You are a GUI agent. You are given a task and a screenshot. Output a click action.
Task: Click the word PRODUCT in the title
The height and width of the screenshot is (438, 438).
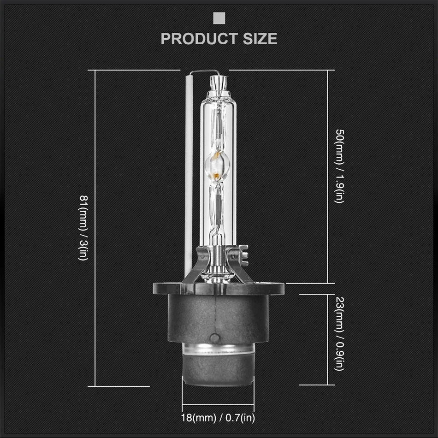click(199, 39)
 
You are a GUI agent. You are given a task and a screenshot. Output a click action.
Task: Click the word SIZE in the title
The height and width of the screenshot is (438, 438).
click(260, 39)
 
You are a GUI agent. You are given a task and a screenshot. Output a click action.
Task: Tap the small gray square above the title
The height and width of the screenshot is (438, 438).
click(219, 18)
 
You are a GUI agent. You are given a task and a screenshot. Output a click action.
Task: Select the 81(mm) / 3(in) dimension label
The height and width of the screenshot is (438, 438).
click(83, 228)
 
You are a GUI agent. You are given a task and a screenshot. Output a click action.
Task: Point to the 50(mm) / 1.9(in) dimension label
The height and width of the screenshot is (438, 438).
click(340, 166)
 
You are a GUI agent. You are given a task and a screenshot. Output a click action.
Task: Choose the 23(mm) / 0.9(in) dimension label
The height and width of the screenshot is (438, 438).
click(340, 334)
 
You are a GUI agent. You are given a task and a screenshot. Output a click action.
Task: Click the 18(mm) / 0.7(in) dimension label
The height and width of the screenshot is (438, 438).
click(218, 418)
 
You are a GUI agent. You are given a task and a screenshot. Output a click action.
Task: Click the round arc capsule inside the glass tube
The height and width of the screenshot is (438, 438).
click(218, 166)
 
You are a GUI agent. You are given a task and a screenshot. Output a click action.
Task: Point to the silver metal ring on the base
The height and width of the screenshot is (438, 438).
click(218, 349)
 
